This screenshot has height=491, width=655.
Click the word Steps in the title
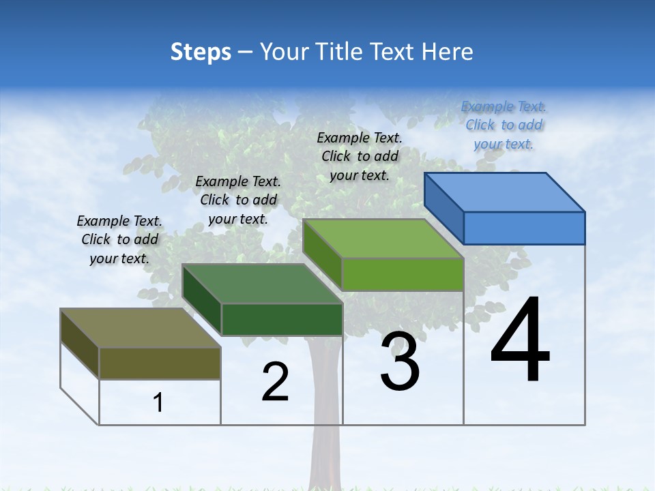(201, 52)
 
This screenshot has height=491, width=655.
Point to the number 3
(400, 362)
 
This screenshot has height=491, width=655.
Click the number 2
(275, 382)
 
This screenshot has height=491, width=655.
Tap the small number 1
(158, 403)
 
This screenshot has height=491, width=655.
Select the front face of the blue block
(524, 228)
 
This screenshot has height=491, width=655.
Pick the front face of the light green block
(403, 275)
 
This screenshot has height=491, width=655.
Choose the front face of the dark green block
(282, 319)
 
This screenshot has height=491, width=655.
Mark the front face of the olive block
(160, 363)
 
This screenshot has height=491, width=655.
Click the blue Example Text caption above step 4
(504, 125)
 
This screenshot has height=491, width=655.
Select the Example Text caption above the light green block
(360, 156)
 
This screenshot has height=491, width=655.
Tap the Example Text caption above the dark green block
(238, 200)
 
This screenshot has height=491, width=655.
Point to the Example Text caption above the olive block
(119, 239)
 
